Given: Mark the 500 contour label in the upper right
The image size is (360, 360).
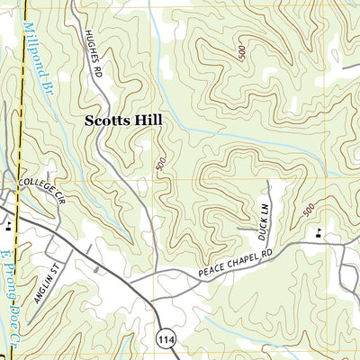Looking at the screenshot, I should click(x=241, y=51).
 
